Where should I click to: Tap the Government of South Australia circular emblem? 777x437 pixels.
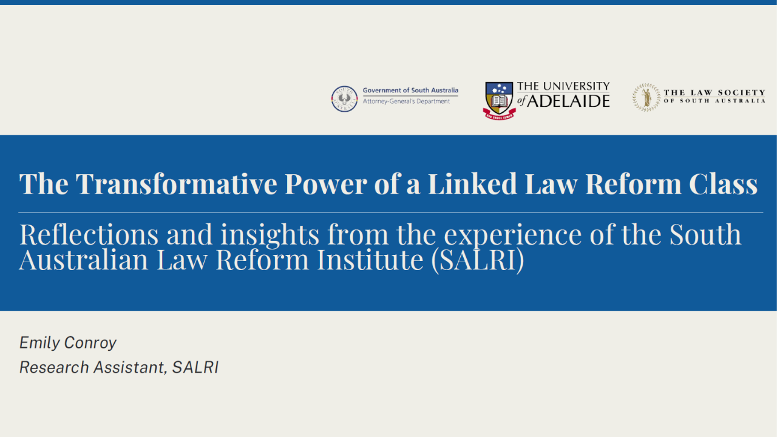coord(344,99)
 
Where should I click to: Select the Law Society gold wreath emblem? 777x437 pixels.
coord(646,97)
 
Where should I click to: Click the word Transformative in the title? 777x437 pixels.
coord(176,183)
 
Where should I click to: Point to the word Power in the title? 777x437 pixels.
coord(326,183)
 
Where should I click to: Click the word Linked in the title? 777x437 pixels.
coord(472,183)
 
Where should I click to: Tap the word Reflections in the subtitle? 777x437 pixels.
coord(89,234)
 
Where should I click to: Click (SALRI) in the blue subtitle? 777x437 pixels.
coord(477,260)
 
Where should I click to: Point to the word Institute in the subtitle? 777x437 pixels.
coord(370,259)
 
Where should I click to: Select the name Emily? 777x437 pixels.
coord(39,343)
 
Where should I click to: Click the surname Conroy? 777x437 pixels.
coord(90,343)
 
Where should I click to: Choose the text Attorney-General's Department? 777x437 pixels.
coord(406,101)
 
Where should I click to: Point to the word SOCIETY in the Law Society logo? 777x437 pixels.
coord(741,93)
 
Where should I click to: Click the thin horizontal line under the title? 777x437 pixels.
coord(390,212)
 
